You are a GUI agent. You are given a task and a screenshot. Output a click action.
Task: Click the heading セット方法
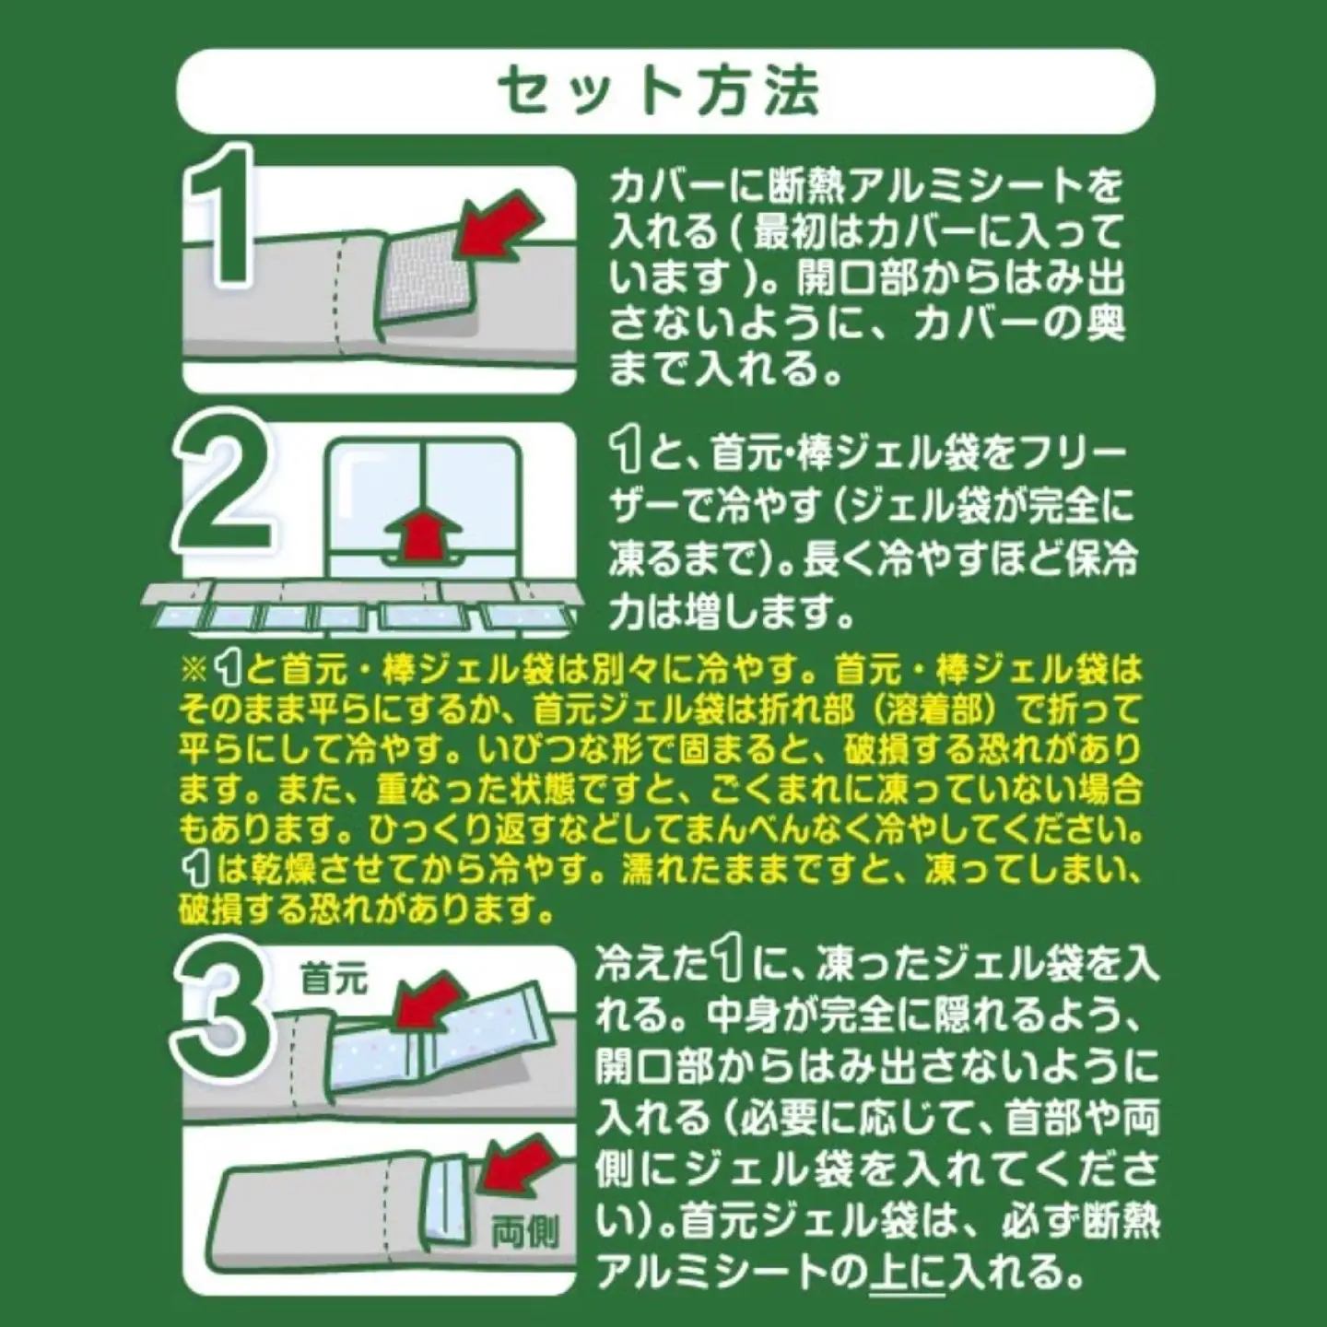pyautogui.click(x=658, y=90)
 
